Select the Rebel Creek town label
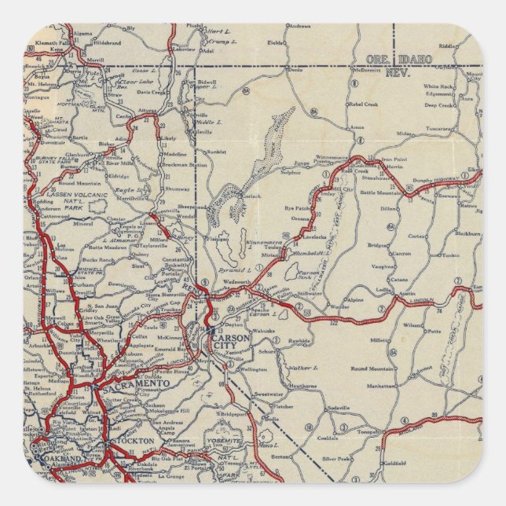coord(364,104)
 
